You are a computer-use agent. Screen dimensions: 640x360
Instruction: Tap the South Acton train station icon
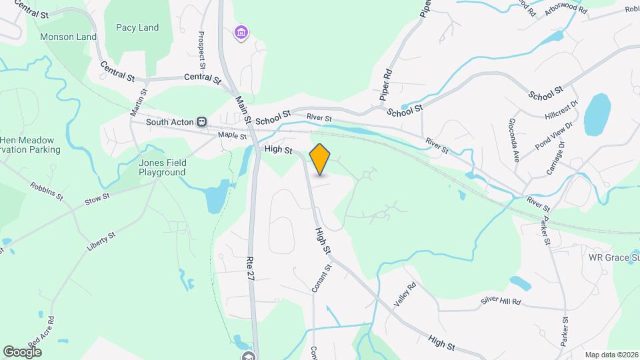(201, 122)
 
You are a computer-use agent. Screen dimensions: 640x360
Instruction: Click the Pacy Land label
(137, 27)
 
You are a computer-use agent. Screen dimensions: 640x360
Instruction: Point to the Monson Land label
(69, 37)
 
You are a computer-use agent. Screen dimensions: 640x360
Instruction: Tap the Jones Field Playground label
(162, 167)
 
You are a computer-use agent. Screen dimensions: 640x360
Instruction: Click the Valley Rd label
(405, 293)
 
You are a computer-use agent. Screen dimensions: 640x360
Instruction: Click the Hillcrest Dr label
(559, 108)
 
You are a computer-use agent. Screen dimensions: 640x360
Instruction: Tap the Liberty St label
(101, 241)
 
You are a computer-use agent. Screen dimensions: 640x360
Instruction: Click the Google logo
(23, 351)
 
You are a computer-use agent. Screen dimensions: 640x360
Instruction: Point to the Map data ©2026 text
(611, 355)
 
